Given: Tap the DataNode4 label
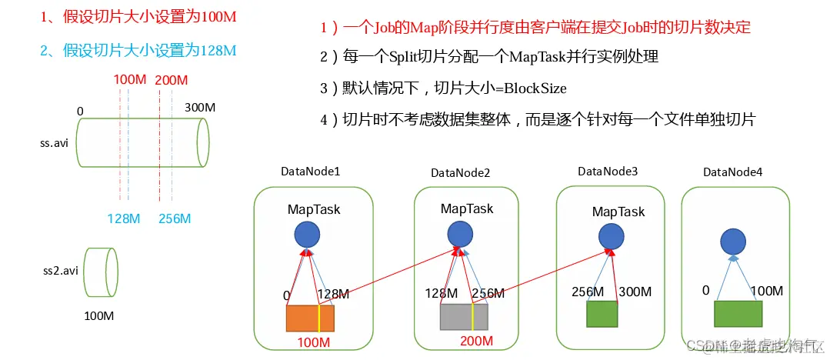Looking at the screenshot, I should (x=732, y=172).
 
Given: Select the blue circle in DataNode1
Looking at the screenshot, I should (x=307, y=235).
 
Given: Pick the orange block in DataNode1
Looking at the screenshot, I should (x=310, y=318).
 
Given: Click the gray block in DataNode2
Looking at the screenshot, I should (x=464, y=316).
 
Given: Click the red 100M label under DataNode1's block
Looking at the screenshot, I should (x=315, y=342).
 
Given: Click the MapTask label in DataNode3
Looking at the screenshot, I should (x=618, y=212).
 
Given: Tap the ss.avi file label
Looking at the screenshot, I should (x=55, y=144).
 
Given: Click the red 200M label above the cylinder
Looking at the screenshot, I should (x=171, y=80).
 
